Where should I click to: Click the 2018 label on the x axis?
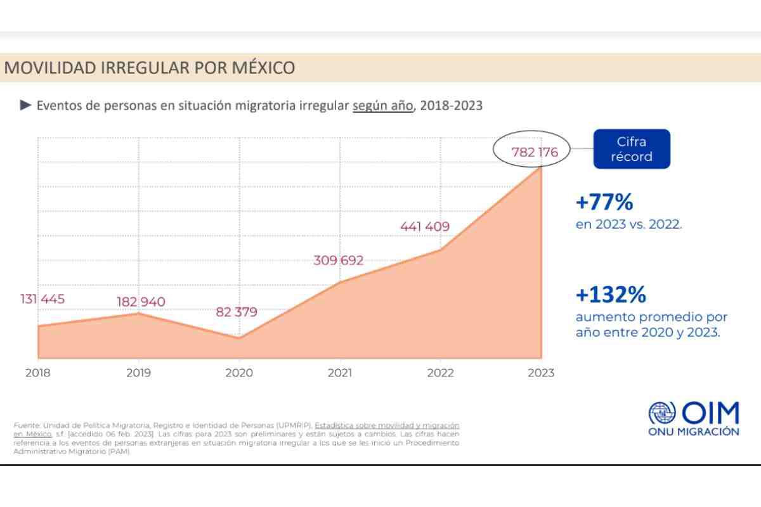[x=38, y=373]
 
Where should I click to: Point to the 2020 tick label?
[x=239, y=373]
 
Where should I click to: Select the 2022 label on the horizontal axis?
[x=440, y=373]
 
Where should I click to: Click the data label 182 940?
[x=140, y=302]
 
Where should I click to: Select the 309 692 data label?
[x=339, y=260]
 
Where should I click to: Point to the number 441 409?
[x=424, y=226]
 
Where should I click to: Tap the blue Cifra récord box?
[x=632, y=149]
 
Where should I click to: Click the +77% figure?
[x=604, y=203]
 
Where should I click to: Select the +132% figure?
[x=611, y=295]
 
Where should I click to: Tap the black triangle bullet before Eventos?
[x=25, y=105]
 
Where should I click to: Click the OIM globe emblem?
[x=662, y=414]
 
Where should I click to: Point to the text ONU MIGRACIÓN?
[x=693, y=432]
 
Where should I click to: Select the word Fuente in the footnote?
[x=26, y=425]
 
